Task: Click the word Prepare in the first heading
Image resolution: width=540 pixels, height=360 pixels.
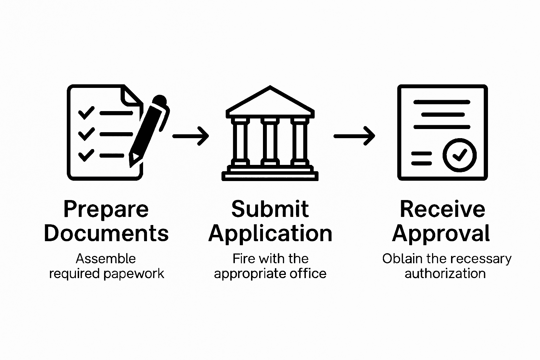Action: click(106, 210)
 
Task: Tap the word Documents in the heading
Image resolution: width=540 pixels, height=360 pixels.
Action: click(106, 233)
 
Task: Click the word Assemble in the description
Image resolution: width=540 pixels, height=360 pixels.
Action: click(106, 259)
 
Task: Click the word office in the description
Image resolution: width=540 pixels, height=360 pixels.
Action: click(311, 274)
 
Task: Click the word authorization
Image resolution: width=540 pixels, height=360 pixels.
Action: click(445, 274)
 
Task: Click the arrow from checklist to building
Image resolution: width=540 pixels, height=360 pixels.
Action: click(191, 136)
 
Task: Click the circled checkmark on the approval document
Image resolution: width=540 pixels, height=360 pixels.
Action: click(459, 155)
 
